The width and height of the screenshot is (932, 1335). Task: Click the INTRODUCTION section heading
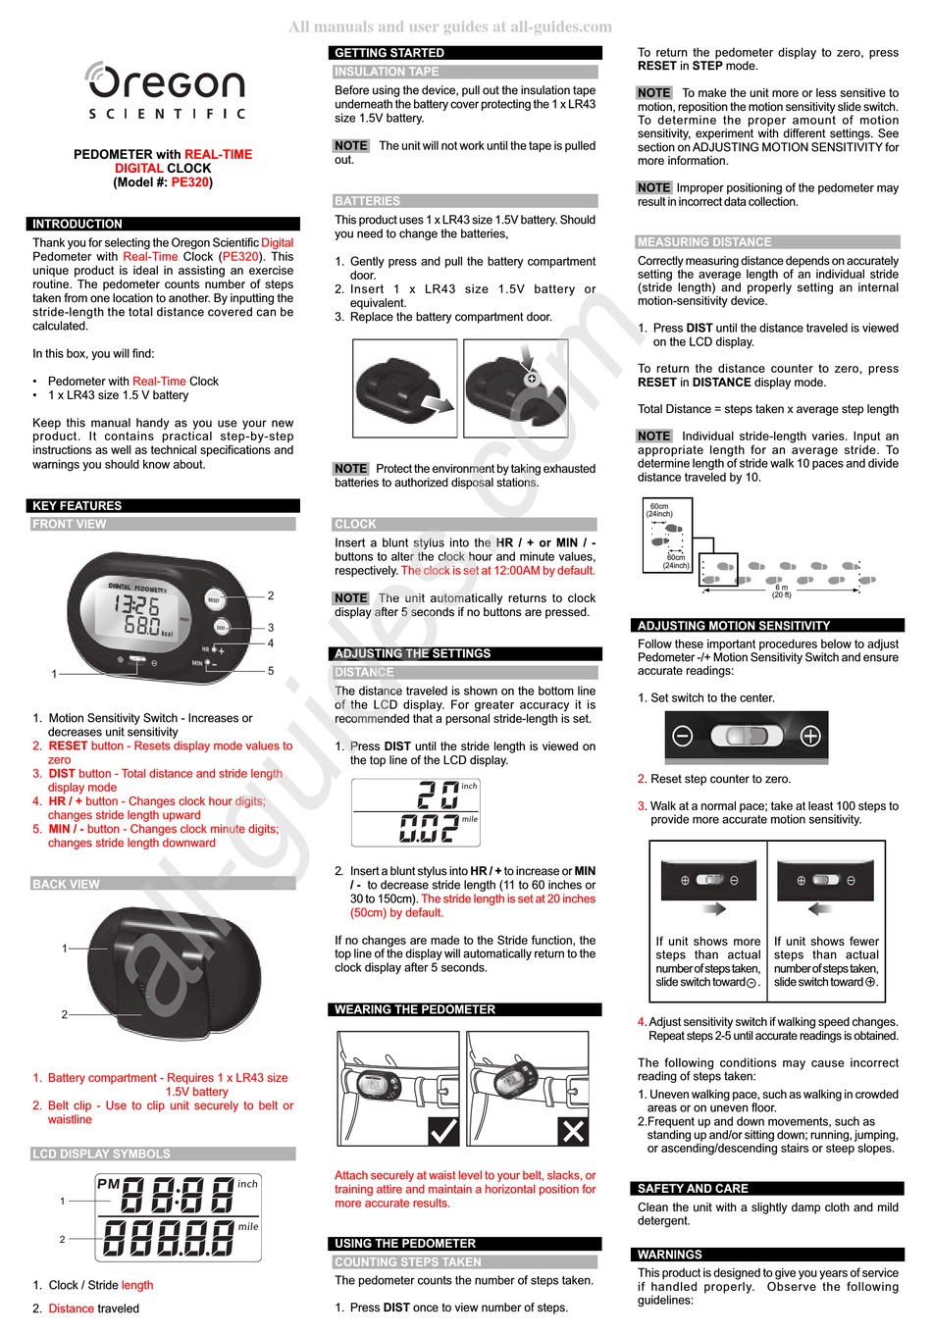pos(78,224)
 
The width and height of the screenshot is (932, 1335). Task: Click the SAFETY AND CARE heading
pos(693,1188)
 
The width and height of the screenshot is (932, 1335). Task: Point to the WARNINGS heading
pos(669,1255)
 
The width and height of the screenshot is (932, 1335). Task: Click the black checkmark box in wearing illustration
pos(443,1131)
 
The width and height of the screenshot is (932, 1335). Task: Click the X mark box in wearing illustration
pos(573,1131)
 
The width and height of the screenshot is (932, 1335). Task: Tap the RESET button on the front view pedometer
pos(214,599)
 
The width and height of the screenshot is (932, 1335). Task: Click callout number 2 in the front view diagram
pos(271,595)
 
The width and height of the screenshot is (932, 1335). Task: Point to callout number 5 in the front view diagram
pos(271,671)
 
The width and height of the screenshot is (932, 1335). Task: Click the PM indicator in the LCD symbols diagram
pos(108,1184)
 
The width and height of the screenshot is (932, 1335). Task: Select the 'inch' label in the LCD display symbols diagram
pos(247,1184)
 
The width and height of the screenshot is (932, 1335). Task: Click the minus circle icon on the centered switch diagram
pos(683,736)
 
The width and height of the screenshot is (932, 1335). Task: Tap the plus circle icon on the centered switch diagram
pos(810,736)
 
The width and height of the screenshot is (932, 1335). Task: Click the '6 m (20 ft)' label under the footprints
pos(781,591)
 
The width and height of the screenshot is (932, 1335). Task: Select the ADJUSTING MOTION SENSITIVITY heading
pos(734,625)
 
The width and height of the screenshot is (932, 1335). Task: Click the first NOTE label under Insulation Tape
pos(350,145)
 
